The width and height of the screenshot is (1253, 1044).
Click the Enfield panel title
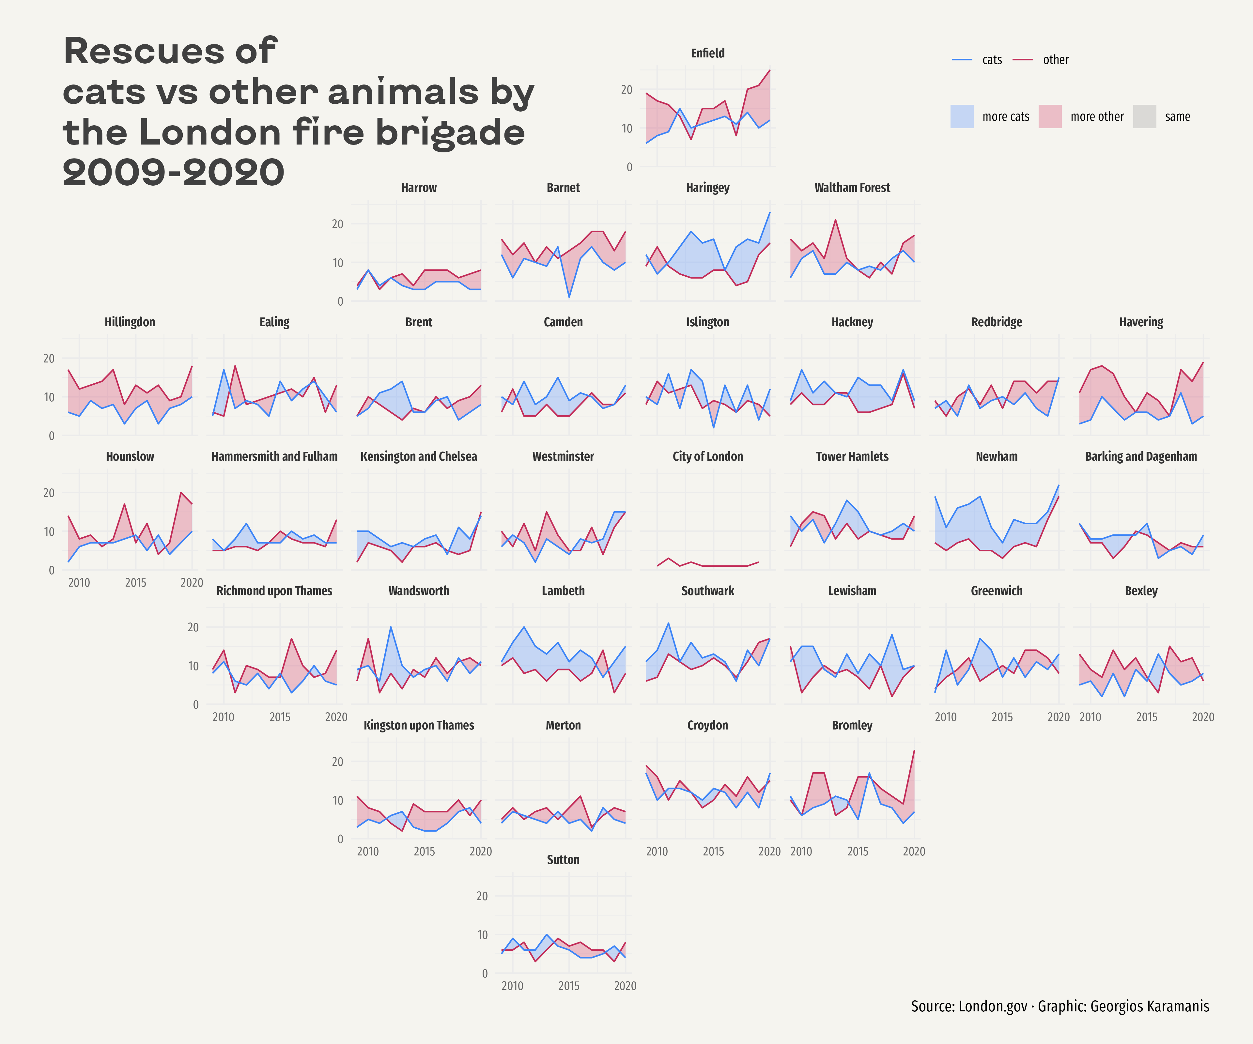pyautogui.click(x=708, y=53)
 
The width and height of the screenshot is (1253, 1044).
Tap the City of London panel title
pyautogui.click(x=708, y=456)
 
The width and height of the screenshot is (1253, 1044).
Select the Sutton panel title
pyautogui.click(x=563, y=860)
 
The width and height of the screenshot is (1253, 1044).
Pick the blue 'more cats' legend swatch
pyautogui.click(x=962, y=116)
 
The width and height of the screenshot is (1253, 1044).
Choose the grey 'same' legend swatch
pyautogui.click(x=1144, y=116)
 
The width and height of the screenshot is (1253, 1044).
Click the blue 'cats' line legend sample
pyautogui.click(x=962, y=60)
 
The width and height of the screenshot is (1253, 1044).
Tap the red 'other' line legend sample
pyautogui.click(x=1023, y=60)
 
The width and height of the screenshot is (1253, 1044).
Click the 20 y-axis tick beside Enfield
pyautogui.click(x=626, y=89)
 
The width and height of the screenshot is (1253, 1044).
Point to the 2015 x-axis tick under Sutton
pyautogui.click(x=569, y=986)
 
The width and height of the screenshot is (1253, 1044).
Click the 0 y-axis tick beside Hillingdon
pyautogui.click(x=51, y=436)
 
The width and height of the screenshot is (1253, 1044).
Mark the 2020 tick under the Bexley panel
pyautogui.click(x=1203, y=717)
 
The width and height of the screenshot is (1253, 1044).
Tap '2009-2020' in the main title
pyautogui.click(x=173, y=172)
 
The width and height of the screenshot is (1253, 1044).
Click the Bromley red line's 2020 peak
pyautogui.click(x=914, y=750)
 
